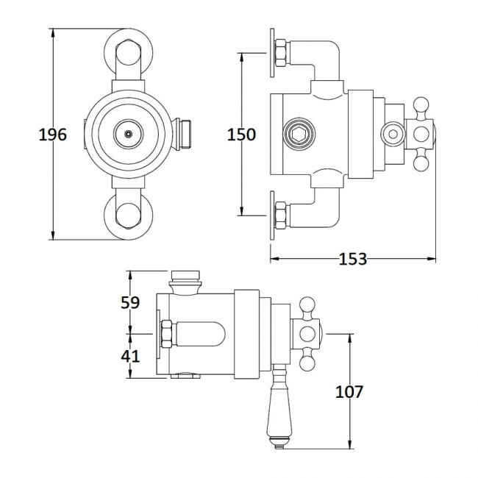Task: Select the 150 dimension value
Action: coord(241,135)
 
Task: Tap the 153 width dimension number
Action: coord(353,259)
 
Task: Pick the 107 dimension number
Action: coord(349,391)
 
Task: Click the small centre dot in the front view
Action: coord(129,135)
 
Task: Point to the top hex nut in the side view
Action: coord(280,53)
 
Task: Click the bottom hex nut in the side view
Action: coord(280,215)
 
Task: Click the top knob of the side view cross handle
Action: coord(424,104)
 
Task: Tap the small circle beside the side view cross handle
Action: coord(393,134)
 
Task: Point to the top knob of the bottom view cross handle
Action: coord(307,304)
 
